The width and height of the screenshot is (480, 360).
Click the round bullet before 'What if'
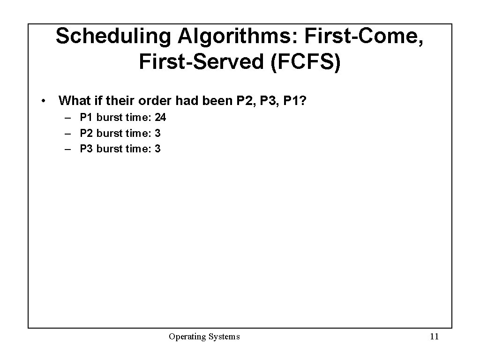point(43,101)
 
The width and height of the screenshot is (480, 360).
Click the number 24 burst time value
point(160,117)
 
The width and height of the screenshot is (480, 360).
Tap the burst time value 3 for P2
point(157,133)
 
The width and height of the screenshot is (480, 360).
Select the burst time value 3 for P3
point(157,149)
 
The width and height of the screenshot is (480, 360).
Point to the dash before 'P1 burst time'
point(68,117)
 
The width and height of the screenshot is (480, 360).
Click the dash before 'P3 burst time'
point(68,149)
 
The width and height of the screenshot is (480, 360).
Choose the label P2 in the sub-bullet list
point(87,133)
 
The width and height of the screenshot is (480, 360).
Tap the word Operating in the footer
point(186,337)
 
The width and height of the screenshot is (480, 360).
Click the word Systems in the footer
point(223,337)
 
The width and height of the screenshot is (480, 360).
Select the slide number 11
point(434,337)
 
